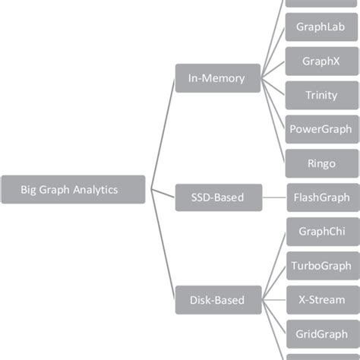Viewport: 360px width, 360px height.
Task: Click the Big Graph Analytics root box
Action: tap(73, 190)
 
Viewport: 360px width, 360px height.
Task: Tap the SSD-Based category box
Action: tap(219, 197)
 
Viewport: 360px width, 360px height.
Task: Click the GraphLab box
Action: tap(321, 27)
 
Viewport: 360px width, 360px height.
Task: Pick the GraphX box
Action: tap(321, 61)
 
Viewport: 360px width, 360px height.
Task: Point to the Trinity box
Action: tap(321, 95)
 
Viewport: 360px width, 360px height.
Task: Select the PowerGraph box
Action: tap(321, 129)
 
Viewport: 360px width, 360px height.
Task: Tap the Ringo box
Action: tap(321, 163)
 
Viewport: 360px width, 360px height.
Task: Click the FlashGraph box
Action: tap(321, 197)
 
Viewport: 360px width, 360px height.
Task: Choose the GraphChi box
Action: tap(321, 232)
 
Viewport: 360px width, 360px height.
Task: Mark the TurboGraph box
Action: tap(321, 266)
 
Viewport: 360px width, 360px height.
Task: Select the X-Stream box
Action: tap(321, 300)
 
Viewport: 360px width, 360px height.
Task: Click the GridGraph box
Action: tap(321, 334)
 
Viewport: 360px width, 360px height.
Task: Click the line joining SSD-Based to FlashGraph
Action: tap(273, 197)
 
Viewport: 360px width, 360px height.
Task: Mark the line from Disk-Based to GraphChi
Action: tap(274, 266)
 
